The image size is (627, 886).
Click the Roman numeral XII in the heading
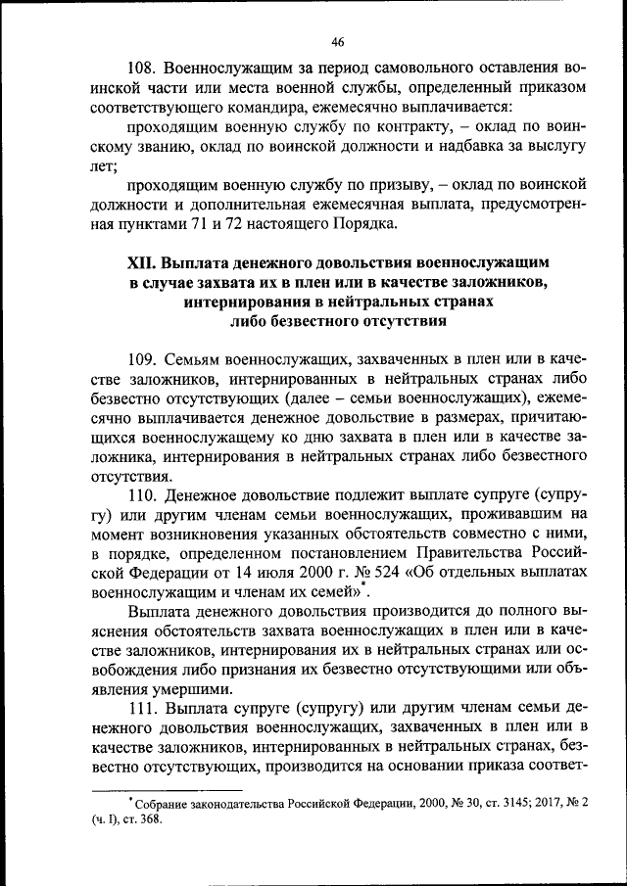point(143,264)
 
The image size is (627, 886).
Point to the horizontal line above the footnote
point(167,788)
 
